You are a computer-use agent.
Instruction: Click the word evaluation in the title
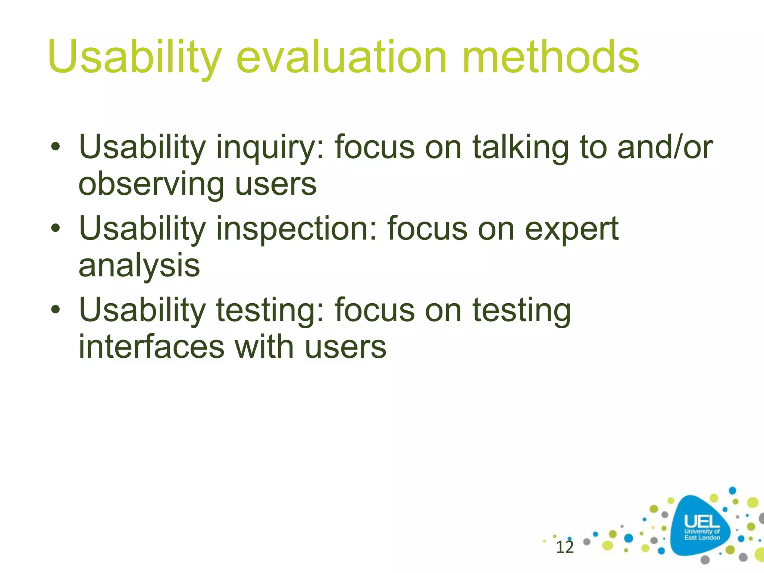[341, 58]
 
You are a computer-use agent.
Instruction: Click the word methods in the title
[550, 58]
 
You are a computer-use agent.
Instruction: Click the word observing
[151, 185]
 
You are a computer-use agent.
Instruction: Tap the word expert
[572, 230]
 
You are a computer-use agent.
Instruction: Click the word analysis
[139, 266]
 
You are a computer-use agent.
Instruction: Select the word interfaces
[151, 347]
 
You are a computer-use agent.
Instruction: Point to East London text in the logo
[702, 538]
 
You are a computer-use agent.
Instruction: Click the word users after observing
[276, 185]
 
